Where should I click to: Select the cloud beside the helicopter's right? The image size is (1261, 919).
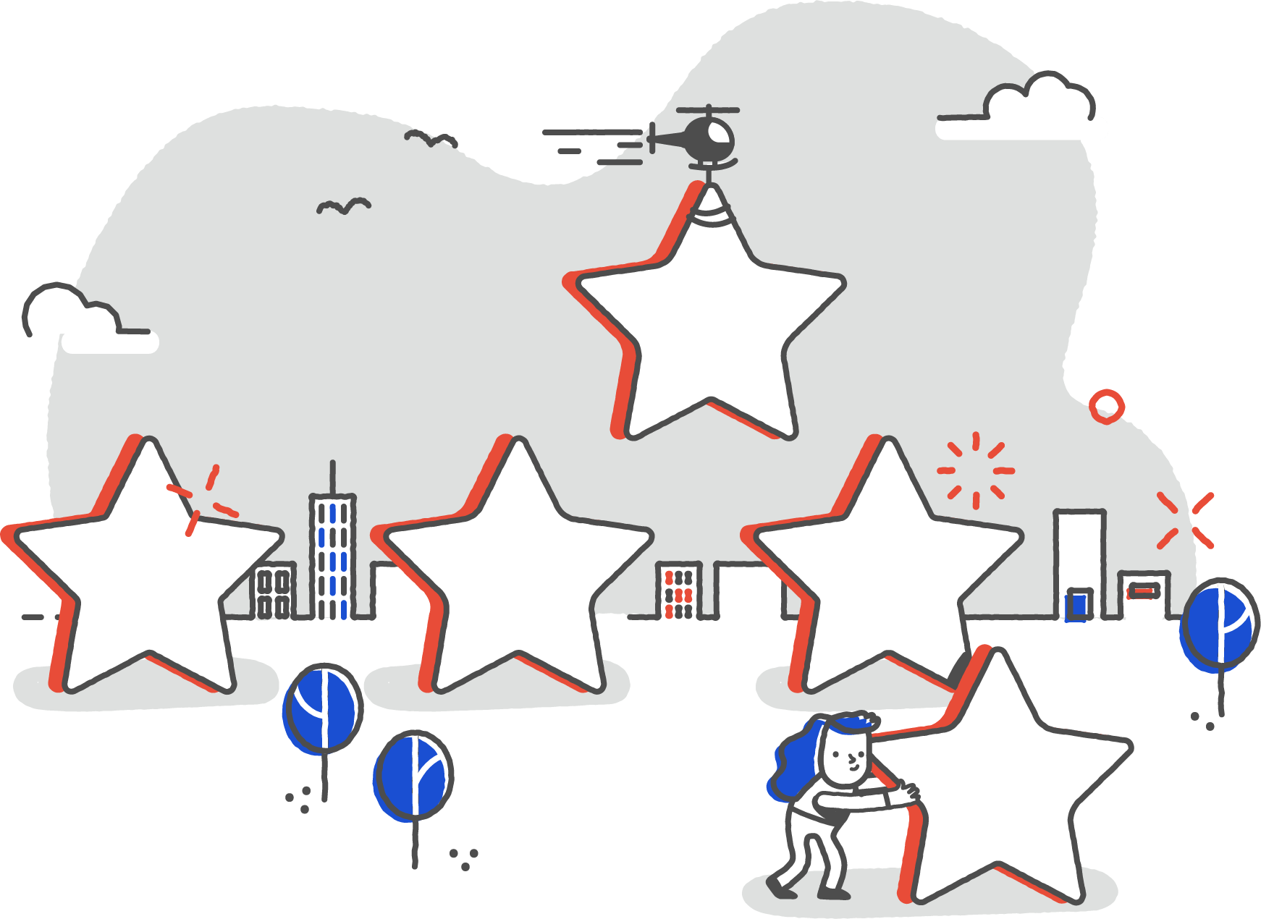coord(1035,109)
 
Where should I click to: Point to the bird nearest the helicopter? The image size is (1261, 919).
coord(431,137)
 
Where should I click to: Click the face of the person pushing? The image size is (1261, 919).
coord(847,756)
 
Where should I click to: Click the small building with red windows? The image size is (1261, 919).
coord(678,590)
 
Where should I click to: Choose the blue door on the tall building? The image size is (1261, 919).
coord(1078,604)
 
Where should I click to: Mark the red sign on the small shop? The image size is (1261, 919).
coord(1143,592)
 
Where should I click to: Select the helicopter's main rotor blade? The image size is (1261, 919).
coord(708,111)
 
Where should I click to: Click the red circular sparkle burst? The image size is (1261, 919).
coord(975,470)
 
